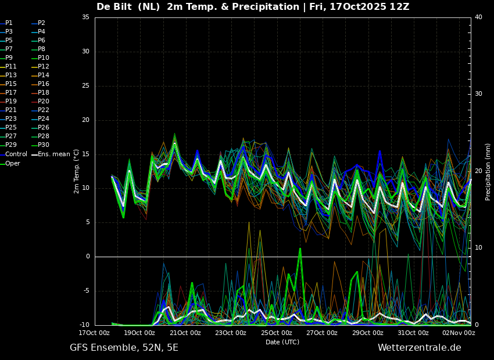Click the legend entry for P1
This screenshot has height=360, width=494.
6,23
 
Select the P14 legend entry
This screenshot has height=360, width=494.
40,75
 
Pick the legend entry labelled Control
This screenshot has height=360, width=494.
13,154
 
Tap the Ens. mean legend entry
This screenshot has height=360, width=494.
51,154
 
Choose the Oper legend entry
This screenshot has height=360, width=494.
10,164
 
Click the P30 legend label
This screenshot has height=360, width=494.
40,145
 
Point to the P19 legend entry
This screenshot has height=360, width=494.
8,102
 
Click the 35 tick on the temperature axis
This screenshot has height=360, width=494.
85,17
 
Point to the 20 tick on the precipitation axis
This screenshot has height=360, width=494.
478,171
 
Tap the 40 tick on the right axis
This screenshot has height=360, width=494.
478,17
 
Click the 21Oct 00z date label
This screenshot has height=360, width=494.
185,333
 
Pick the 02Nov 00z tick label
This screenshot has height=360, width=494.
459,333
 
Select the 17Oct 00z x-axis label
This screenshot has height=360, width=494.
94,333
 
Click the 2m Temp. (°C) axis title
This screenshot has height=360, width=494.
76,171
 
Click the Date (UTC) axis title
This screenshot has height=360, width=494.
282,343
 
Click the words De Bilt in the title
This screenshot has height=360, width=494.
114,7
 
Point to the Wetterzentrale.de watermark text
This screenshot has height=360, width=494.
420,348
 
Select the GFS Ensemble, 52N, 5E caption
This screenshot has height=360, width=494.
124,348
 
